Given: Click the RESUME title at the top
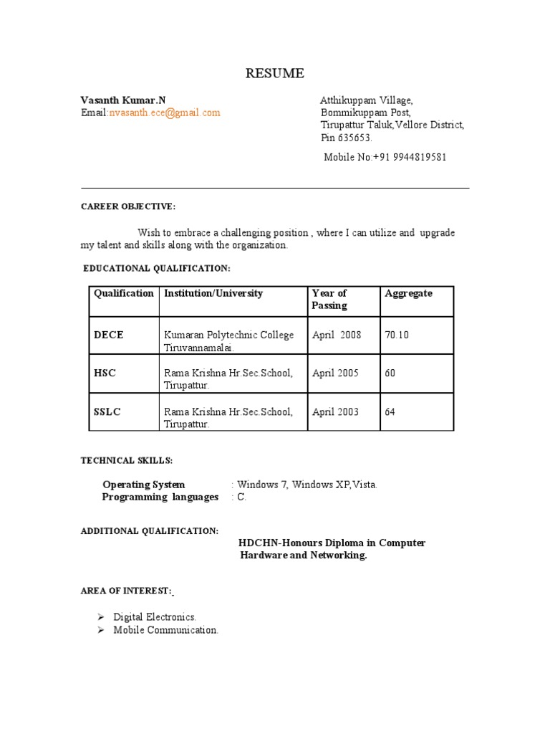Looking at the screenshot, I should [x=275, y=73].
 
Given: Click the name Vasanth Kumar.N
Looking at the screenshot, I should [x=122, y=100].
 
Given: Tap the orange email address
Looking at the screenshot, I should [x=164, y=113].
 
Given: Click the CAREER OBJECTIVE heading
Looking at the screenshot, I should [x=127, y=206].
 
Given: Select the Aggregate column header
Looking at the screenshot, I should [x=408, y=293].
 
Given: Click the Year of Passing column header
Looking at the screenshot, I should [x=329, y=299].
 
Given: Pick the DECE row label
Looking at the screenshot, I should [x=108, y=335].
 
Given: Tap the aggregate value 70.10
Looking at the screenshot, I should [x=397, y=335].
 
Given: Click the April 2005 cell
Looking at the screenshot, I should [x=336, y=373].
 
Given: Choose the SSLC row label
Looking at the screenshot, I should [x=107, y=412].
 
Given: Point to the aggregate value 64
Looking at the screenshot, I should [x=390, y=412].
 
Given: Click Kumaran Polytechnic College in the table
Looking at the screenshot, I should [x=228, y=335].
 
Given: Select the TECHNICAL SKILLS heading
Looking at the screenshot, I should [x=126, y=459].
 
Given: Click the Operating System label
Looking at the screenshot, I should [x=143, y=485].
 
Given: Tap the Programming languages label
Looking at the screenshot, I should [x=160, y=497].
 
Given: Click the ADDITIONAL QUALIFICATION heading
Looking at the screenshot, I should [x=149, y=530].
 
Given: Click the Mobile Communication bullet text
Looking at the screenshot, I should [x=165, y=630].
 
